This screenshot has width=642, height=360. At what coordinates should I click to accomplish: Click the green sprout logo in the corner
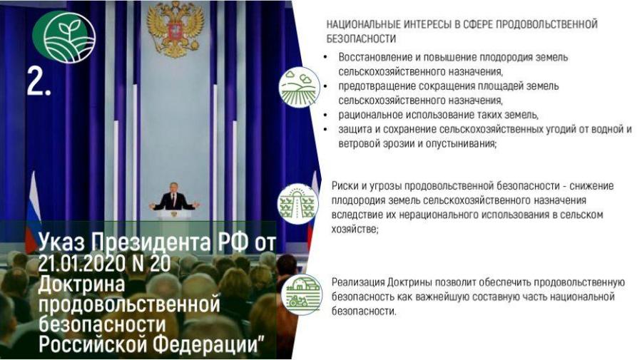click(x=64, y=36)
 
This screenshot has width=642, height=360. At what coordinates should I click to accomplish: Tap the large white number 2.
click(x=39, y=81)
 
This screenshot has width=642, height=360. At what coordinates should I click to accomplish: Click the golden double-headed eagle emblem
click(x=175, y=29)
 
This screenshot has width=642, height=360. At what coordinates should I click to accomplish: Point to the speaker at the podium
click(x=173, y=197)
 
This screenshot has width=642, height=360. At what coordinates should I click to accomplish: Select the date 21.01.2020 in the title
click(x=81, y=262)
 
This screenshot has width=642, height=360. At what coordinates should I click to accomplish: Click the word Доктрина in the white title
click(x=81, y=284)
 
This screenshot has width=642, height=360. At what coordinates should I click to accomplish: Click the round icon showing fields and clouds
click(x=300, y=88)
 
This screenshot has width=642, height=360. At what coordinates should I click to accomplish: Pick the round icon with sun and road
click(x=297, y=204)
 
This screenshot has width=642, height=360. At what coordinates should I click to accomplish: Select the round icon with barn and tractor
click(x=302, y=294)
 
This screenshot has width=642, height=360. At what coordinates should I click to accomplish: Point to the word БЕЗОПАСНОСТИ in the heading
click(x=361, y=39)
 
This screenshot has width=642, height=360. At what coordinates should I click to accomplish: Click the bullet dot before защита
click(x=325, y=130)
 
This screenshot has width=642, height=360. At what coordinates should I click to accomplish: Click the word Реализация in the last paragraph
click(x=358, y=282)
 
